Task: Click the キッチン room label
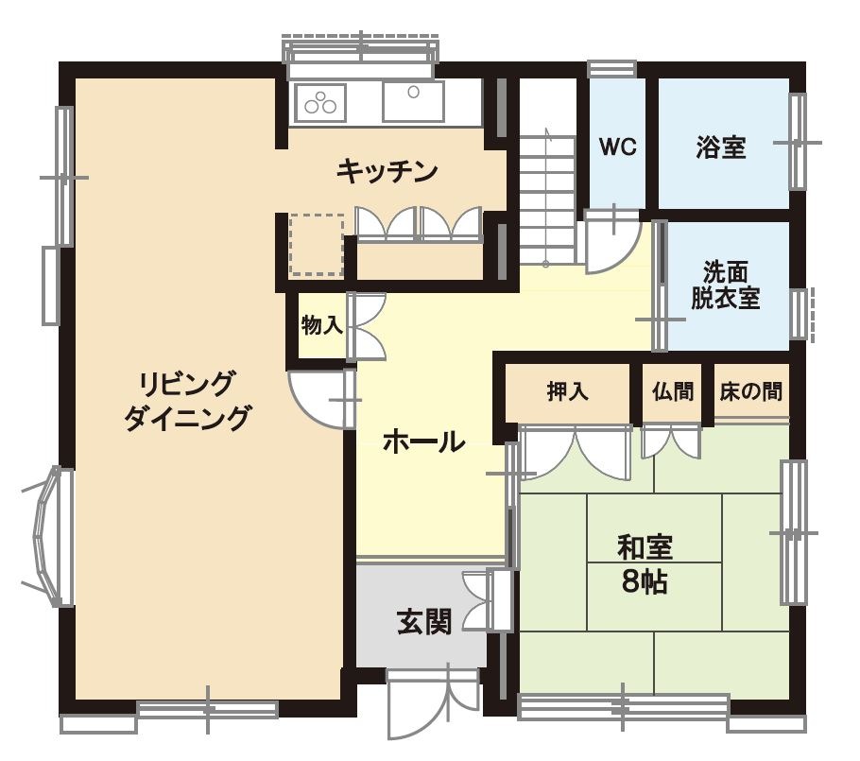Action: (x=387, y=171)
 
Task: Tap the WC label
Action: (x=618, y=147)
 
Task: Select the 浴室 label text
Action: (x=721, y=147)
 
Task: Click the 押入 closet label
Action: (x=567, y=391)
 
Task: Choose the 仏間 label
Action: (x=672, y=391)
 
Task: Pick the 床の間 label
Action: (x=750, y=391)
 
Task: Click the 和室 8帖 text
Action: (x=645, y=563)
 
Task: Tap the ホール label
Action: (x=424, y=441)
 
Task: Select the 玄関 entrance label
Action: (x=423, y=620)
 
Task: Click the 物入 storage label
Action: (x=321, y=326)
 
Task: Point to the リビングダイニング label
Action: (x=189, y=401)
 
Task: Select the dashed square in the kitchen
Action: (x=316, y=244)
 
